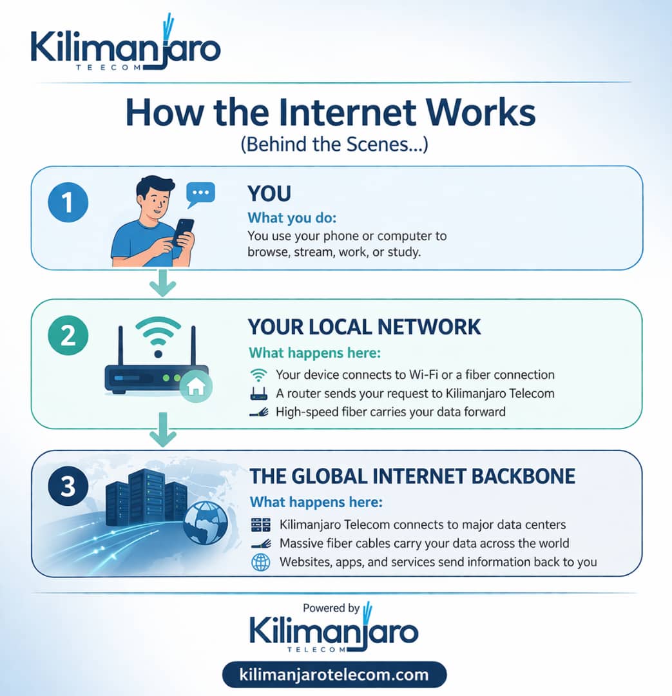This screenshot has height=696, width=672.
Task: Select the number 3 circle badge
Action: click(x=68, y=487)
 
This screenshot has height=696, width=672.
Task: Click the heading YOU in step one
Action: click(x=269, y=193)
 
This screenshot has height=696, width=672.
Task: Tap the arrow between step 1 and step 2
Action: click(x=162, y=284)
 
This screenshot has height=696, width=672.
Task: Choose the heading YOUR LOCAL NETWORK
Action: click(x=364, y=327)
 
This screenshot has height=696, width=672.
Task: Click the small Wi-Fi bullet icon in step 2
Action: click(x=258, y=374)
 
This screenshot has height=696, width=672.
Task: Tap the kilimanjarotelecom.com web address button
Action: click(x=334, y=675)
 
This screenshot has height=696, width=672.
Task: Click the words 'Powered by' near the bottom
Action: click(x=331, y=608)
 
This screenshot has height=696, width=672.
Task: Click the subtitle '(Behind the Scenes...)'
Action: click(x=334, y=145)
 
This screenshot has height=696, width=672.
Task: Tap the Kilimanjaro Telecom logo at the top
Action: click(x=126, y=50)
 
